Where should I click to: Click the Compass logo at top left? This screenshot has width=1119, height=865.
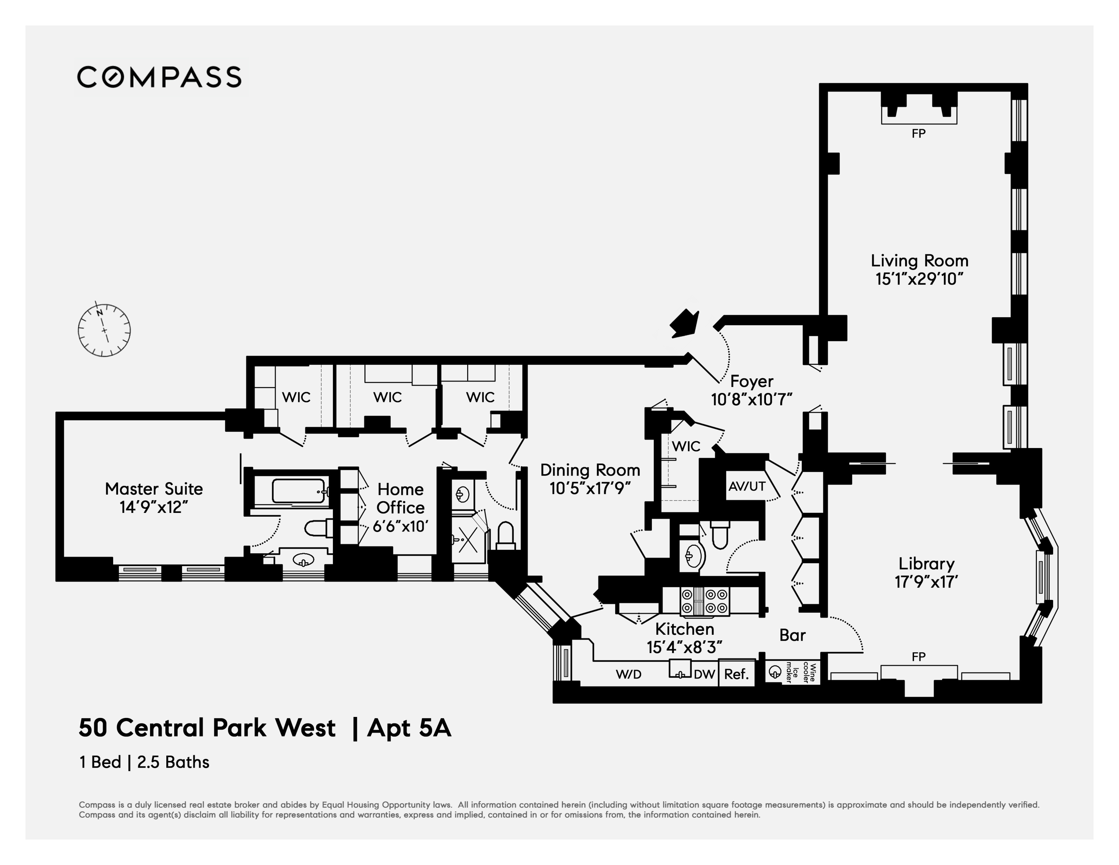coord(159,77)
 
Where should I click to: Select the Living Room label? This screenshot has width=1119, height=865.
coord(919,261)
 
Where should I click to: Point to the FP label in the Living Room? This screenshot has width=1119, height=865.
coord(918,134)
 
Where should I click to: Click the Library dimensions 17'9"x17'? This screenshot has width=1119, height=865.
coord(926,582)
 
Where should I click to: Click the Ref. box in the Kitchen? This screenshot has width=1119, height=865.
coord(736,674)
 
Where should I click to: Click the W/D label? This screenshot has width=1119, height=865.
coord(629,674)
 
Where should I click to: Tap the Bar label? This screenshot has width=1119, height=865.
coord(792,635)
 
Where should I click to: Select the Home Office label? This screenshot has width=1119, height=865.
coord(400,498)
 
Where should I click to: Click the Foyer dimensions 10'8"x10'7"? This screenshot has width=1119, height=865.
coord(752,400)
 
